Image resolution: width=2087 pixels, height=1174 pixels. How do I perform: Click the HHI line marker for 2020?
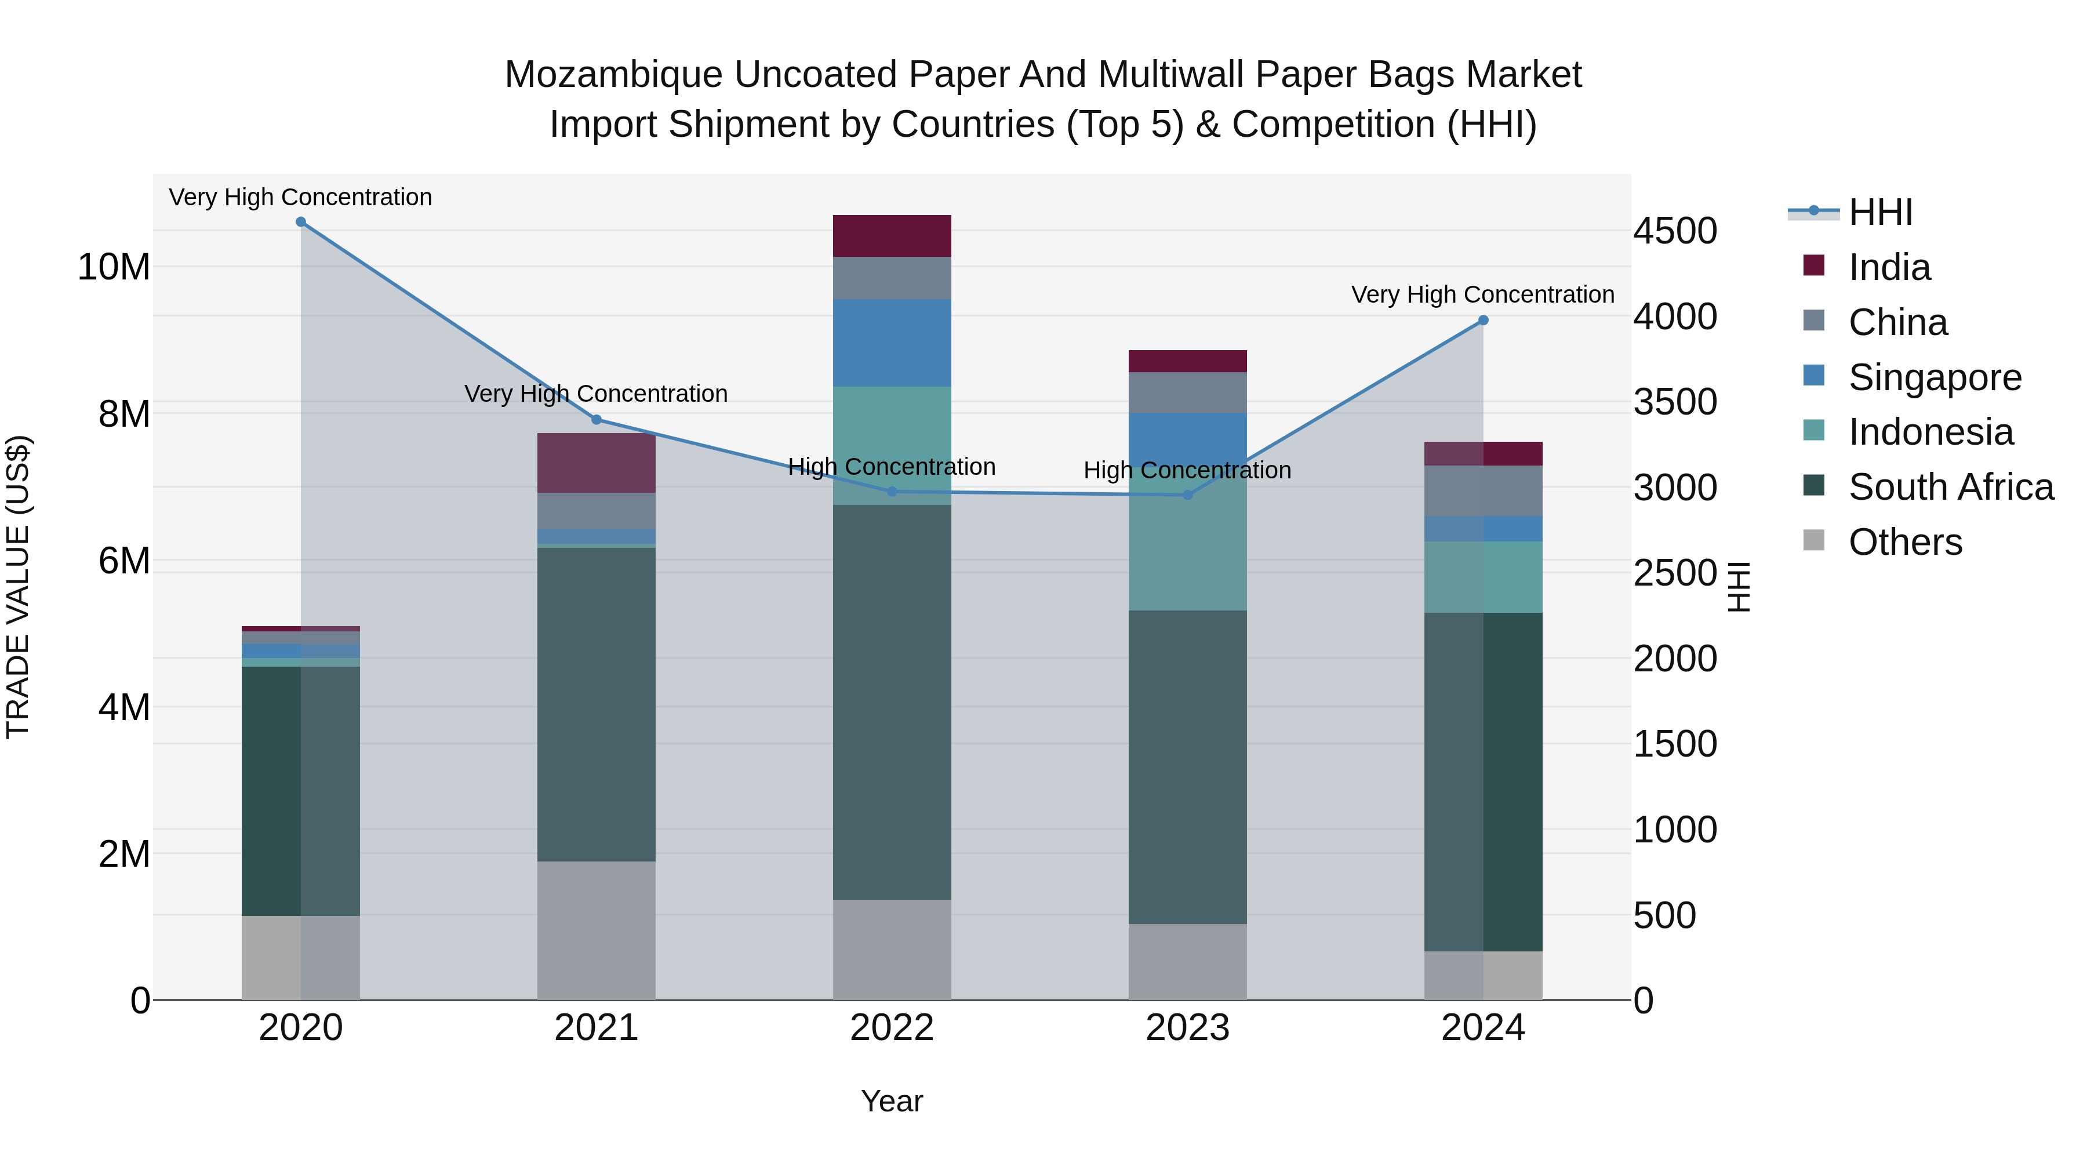[x=300, y=222]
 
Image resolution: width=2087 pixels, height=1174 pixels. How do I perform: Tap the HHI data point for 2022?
[x=892, y=491]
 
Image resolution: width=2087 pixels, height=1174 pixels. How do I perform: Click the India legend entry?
[x=1889, y=267]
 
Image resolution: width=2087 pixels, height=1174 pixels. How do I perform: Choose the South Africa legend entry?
[x=1950, y=487]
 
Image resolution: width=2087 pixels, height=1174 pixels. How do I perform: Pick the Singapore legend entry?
[x=1934, y=377]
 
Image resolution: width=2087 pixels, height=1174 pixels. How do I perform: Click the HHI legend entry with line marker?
[x=1879, y=212]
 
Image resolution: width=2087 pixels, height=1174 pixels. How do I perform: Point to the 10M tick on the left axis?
[x=114, y=267]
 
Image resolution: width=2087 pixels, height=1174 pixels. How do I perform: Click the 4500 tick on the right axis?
[x=1674, y=231]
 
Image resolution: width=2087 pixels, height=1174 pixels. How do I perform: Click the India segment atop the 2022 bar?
[x=892, y=236]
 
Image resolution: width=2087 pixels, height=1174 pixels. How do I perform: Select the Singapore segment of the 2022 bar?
[x=892, y=343]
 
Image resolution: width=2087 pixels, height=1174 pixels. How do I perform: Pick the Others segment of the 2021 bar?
[x=597, y=930]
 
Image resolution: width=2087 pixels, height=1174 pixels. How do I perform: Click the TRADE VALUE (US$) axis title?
[x=18, y=587]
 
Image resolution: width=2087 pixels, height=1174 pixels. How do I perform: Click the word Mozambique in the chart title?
[x=613, y=75]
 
